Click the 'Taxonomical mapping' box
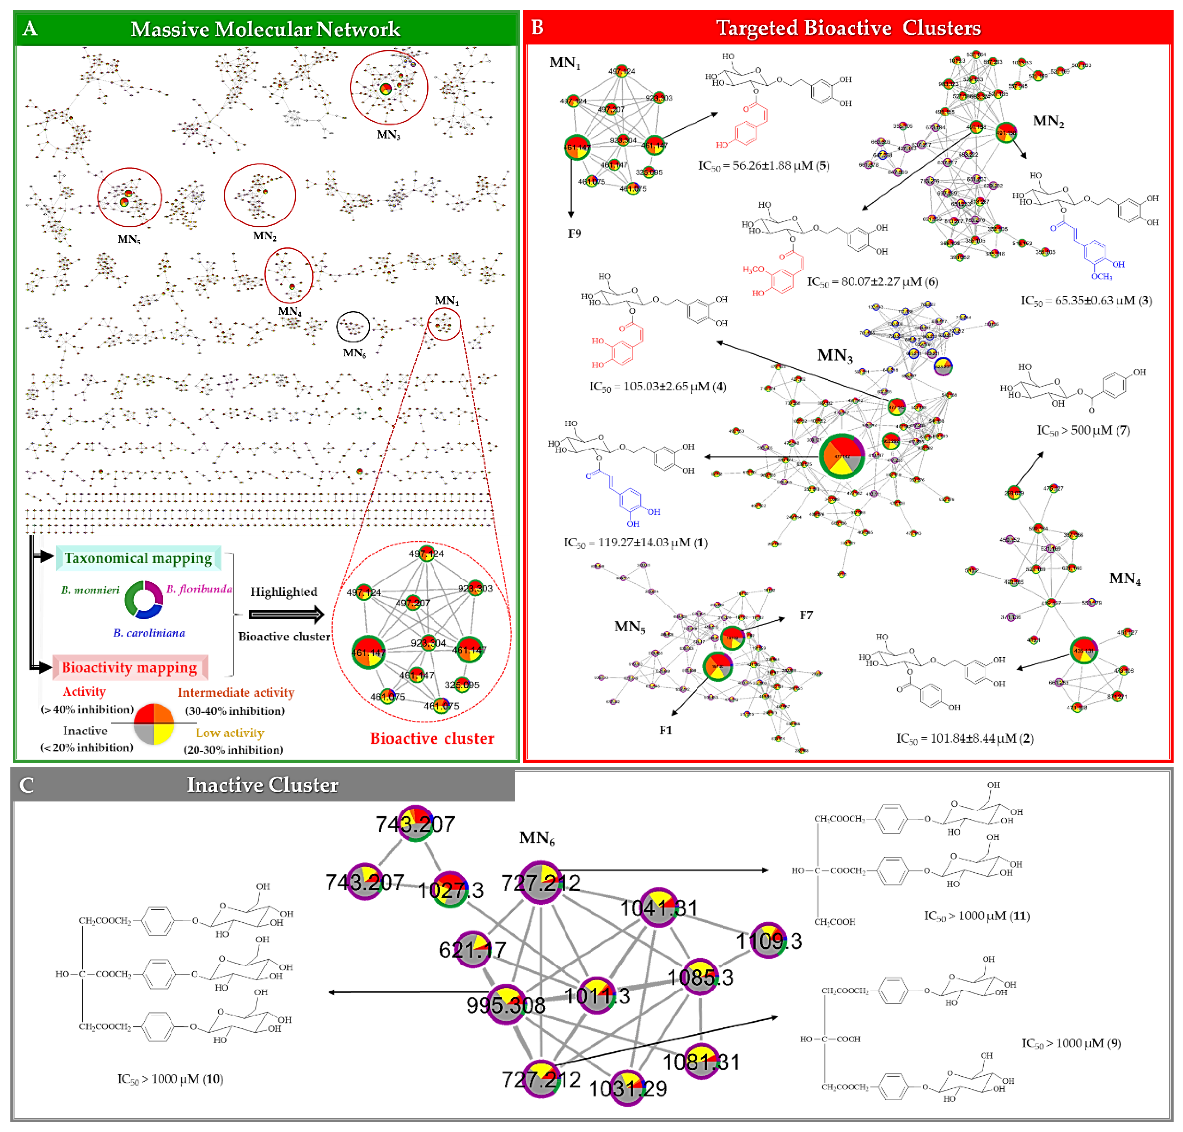click(x=138, y=558)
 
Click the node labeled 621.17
click(x=473, y=950)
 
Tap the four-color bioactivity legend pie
click(x=154, y=723)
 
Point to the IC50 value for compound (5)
click(x=764, y=165)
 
